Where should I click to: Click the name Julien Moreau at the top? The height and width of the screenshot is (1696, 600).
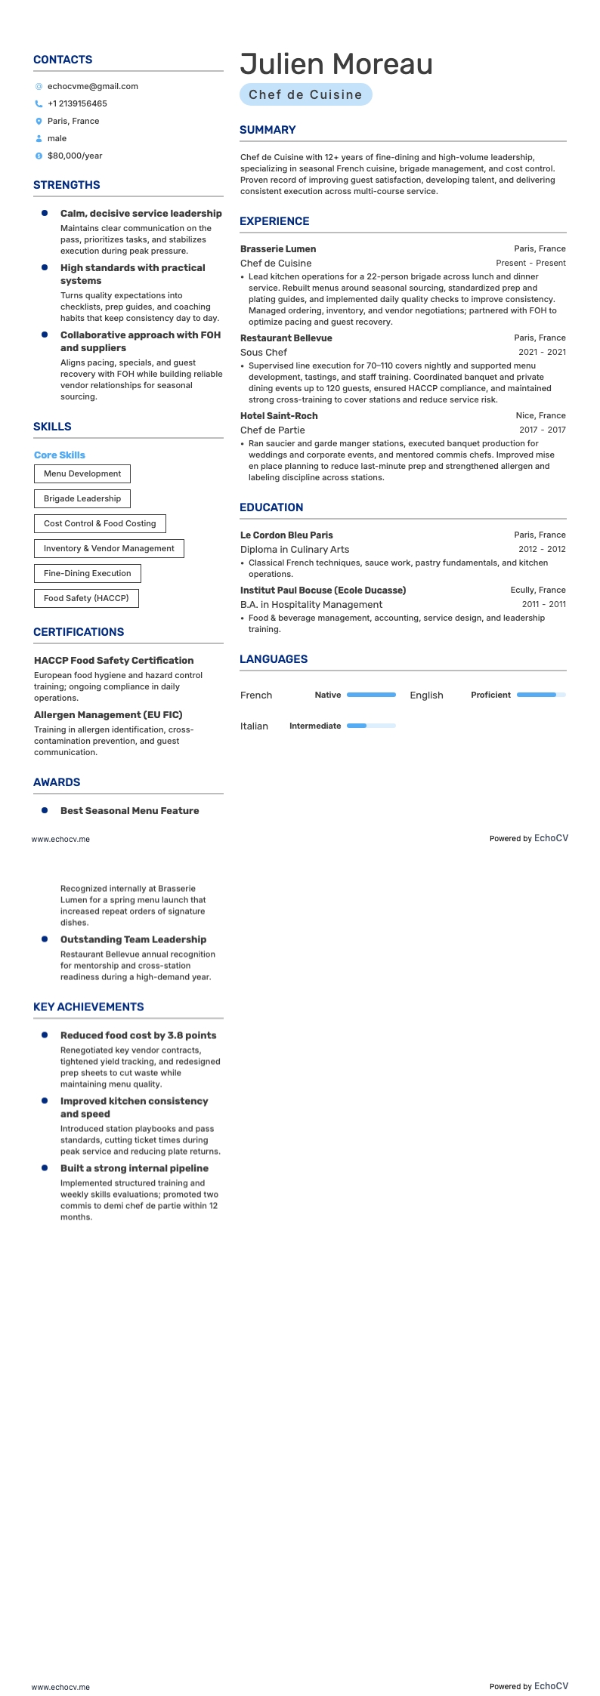click(336, 64)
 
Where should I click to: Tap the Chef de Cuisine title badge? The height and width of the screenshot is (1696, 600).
click(305, 95)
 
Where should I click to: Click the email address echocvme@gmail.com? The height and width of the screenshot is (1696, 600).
click(92, 87)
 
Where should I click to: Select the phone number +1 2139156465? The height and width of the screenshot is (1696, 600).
click(77, 104)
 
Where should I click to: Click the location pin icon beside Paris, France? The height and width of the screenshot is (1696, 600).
click(39, 122)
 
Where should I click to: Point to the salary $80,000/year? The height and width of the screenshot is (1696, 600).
click(75, 156)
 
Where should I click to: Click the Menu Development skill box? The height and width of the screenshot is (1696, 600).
click(82, 474)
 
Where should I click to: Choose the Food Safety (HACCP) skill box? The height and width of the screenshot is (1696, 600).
click(86, 599)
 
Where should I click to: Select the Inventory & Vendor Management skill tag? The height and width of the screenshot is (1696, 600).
click(109, 549)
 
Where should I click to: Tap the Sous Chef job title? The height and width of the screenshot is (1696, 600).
click(264, 353)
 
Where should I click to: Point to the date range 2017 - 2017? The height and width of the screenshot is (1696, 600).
click(542, 430)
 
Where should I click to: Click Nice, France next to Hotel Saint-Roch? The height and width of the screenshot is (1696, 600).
click(540, 416)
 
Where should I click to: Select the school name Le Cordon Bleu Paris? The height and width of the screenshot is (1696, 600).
click(286, 535)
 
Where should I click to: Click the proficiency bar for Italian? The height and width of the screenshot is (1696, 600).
click(370, 726)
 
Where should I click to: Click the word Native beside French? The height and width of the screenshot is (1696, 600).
click(328, 695)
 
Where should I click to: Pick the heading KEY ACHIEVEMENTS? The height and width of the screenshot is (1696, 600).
click(88, 1007)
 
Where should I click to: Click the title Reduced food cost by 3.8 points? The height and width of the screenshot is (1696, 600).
click(138, 1036)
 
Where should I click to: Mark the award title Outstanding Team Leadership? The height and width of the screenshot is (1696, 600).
click(133, 940)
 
